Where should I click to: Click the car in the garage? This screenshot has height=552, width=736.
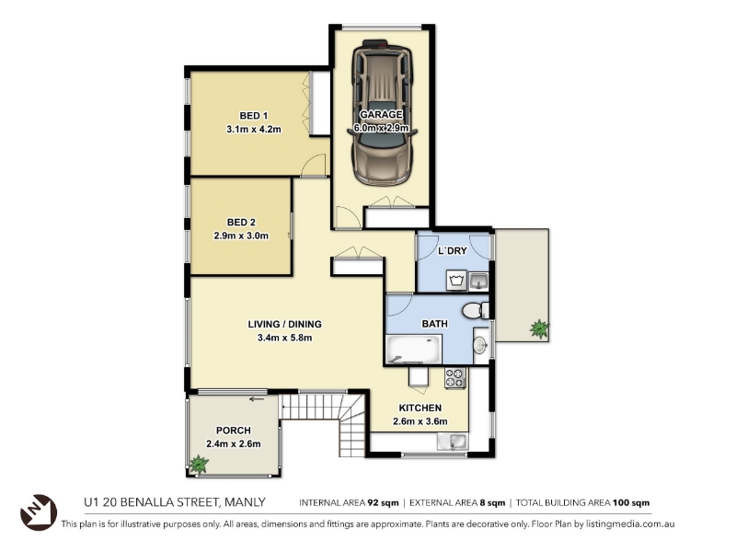coord(383,112)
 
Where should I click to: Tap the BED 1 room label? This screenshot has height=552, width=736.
coord(254,116)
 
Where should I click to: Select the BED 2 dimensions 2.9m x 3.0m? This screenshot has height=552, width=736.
coord(241,236)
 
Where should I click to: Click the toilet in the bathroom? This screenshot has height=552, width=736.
coord(475,310)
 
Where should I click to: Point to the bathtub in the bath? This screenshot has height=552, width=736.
coord(413,350)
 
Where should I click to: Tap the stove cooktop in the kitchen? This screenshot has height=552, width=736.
coord(455,378)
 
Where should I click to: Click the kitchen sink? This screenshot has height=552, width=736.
coord(453,442)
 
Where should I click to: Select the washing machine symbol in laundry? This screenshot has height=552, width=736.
coord(456,281)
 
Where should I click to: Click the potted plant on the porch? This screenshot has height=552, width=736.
coord(199,465)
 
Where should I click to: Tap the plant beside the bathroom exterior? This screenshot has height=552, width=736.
coord(539,328)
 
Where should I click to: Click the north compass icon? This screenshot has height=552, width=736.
coord(38,512)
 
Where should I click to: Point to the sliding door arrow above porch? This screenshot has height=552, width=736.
coord(257,399)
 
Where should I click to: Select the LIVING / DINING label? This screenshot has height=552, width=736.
coord(284,324)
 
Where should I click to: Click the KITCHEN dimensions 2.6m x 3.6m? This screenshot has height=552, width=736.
coord(420,421)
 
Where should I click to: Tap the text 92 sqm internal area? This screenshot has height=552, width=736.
coord(383,502)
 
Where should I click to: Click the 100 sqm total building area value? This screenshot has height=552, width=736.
coord(631,502)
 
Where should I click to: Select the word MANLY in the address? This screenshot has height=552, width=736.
coord(245,502)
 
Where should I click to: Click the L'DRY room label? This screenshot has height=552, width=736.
coord(453,250)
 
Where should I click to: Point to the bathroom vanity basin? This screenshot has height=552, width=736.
coord(480,346)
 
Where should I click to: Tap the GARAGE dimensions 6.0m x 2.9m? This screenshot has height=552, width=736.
coord(381,128)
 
